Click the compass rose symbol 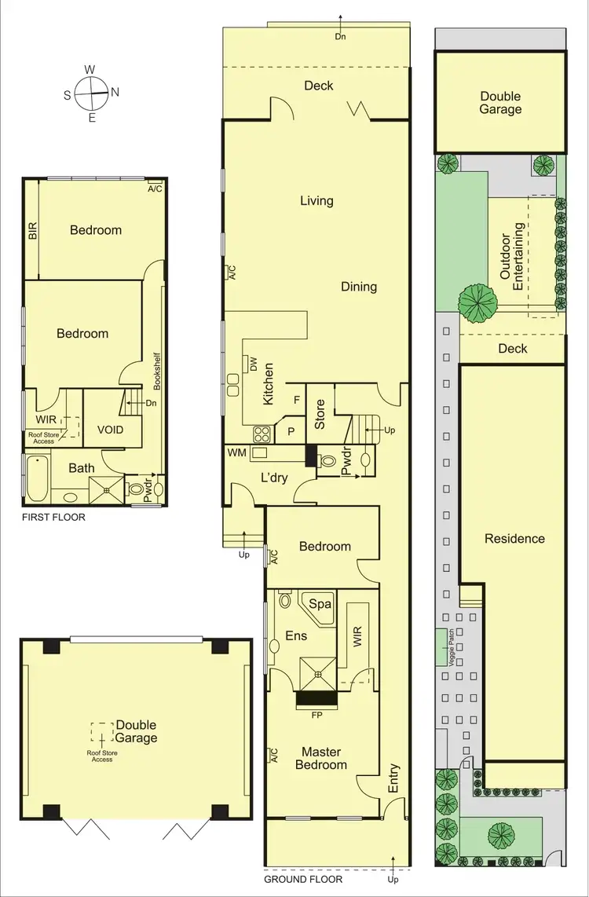[92, 93]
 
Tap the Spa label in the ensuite [320, 604]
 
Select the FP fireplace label [316, 715]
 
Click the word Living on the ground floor [316, 201]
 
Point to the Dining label [359, 287]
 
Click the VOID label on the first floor [110, 430]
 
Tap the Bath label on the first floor [82, 468]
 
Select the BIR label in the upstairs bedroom [32, 230]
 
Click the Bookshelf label [157, 370]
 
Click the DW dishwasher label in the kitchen [254, 364]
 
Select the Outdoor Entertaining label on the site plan [512, 257]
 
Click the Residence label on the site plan [514, 539]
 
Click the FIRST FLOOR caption [54, 518]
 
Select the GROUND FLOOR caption [303, 880]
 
